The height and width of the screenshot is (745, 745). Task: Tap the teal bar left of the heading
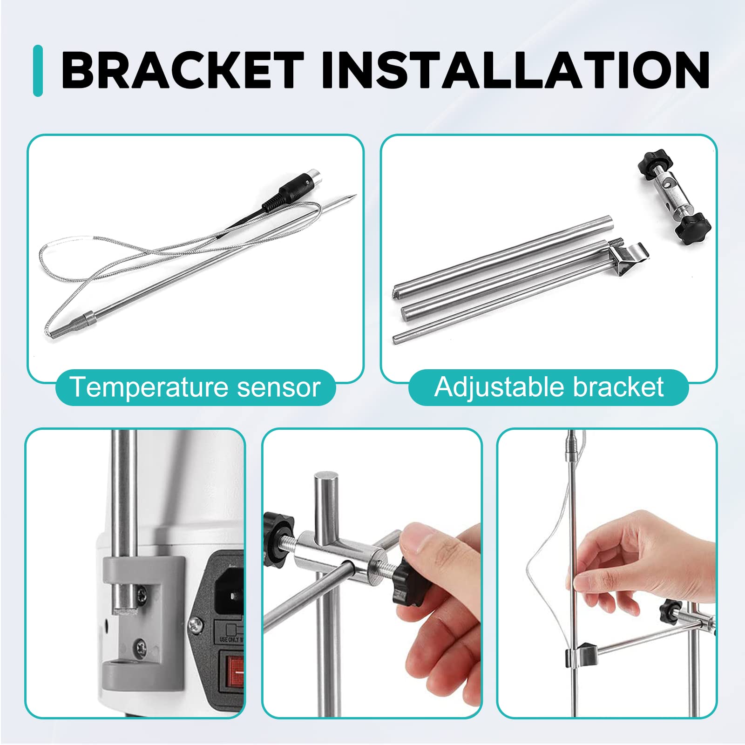point(38,71)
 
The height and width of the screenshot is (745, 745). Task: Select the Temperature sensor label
point(196,387)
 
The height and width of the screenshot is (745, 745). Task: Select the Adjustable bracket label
point(549,387)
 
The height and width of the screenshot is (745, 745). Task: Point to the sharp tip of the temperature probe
point(354,196)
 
